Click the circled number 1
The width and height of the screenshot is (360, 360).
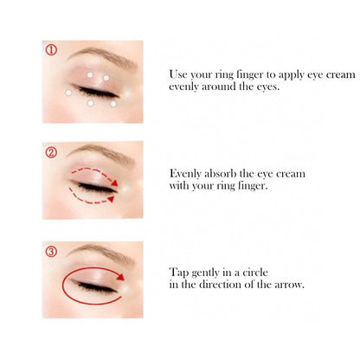[51, 50]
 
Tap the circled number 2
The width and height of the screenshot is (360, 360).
[51, 152]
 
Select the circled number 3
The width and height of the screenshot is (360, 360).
[51, 252]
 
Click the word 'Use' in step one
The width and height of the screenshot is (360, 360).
[178, 74]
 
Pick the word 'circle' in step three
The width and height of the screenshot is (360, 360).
[255, 273]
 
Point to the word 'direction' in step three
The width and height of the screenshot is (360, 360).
[221, 285]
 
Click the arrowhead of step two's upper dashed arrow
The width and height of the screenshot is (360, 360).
[115, 183]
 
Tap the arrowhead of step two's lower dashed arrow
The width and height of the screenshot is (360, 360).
[111, 199]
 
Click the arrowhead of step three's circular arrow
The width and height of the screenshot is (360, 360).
[120, 277]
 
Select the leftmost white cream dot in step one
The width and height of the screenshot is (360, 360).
[68, 93]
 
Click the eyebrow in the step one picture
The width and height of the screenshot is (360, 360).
[102, 56]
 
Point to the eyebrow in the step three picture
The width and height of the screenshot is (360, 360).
[101, 254]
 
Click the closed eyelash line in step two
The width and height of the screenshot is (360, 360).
[96, 188]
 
